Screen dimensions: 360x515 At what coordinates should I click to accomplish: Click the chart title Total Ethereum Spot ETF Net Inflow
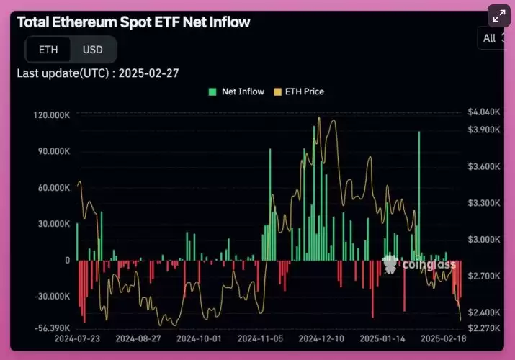pos(133,22)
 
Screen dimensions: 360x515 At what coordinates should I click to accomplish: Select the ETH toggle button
pos(48,50)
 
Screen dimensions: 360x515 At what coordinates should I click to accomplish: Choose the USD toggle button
pos(93,50)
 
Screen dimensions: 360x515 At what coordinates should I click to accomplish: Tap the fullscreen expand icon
pos(498,17)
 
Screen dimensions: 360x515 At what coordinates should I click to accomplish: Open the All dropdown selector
pos(493,38)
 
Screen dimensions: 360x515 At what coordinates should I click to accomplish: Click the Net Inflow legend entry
pos(236,91)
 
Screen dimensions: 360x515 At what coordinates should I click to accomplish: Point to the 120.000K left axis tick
pos(51,115)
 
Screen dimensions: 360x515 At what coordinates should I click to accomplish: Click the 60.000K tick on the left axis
pos(53,187)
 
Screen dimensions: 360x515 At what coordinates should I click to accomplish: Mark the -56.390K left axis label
pos(51,328)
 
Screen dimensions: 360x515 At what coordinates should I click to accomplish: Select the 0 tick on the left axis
pos(67,260)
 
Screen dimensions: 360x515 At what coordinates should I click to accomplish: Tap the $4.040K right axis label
pos(483,112)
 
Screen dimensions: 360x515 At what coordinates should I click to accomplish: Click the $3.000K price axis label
pos(483,240)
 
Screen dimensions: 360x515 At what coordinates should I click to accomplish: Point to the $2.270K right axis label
pos(483,328)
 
